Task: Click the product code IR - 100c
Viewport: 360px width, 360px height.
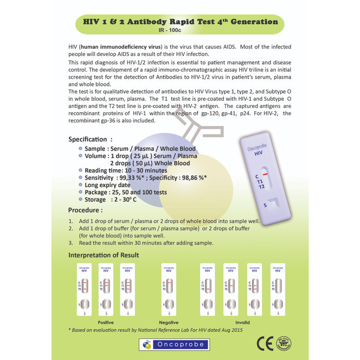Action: pyautogui.click(x=180, y=30)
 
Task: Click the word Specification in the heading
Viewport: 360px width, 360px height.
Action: pyautogui.click(x=88, y=139)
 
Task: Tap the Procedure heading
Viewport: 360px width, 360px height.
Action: pyautogui.click(x=85, y=210)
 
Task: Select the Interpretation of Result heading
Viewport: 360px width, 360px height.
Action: pyautogui.click(x=103, y=255)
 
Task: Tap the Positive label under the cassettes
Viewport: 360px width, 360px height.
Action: pyautogui.click(x=105, y=322)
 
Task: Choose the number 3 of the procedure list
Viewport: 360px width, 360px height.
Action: pyautogui.click(x=71, y=243)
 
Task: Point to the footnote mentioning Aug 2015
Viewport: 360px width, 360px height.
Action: pyautogui.click(x=155, y=330)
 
